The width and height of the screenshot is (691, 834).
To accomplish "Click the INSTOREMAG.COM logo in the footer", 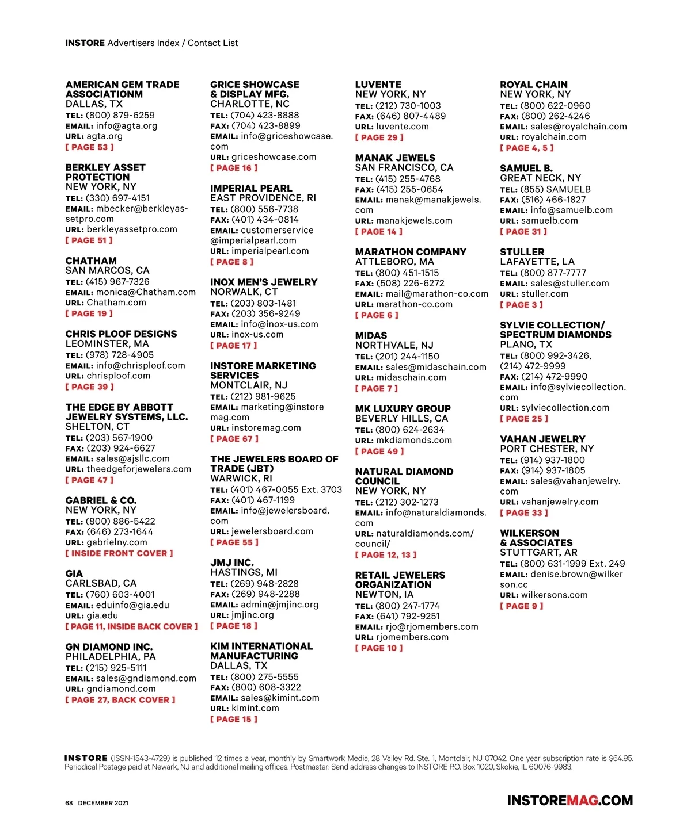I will [x=569, y=801].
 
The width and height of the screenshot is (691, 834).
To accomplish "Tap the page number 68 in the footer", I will [x=69, y=803].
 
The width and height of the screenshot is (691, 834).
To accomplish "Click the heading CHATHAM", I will [x=91, y=261].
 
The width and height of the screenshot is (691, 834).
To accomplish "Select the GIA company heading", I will [x=74, y=573].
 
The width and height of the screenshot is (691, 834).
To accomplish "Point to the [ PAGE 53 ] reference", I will [x=89, y=147].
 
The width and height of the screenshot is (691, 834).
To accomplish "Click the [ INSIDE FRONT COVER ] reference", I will [x=119, y=553].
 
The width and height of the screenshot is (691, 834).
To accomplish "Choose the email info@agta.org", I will [x=126, y=126].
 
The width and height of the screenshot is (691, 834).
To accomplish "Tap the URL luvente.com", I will [x=403, y=127].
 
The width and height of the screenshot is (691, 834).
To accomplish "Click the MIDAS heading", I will [x=371, y=335].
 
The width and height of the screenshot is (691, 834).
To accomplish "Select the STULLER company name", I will [x=522, y=252].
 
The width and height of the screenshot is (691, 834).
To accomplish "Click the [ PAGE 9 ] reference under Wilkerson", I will [x=521, y=606].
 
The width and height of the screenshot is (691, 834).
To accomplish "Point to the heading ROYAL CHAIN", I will [x=533, y=85].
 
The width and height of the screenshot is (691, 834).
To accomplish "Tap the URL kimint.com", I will [x=255, y=709].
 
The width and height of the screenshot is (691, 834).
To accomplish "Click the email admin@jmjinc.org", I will [x=279, y=605].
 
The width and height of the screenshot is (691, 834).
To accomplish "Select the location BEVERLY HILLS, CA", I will [x=401, y=419].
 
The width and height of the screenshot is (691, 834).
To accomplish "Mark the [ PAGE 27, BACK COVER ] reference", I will [x=120, y=700].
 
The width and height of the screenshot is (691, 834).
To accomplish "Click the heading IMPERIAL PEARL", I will [x=251, y=188].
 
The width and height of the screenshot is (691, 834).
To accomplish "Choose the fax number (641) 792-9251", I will [x=408, y=617].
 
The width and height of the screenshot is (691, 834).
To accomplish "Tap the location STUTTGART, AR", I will [x=538, y=553].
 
